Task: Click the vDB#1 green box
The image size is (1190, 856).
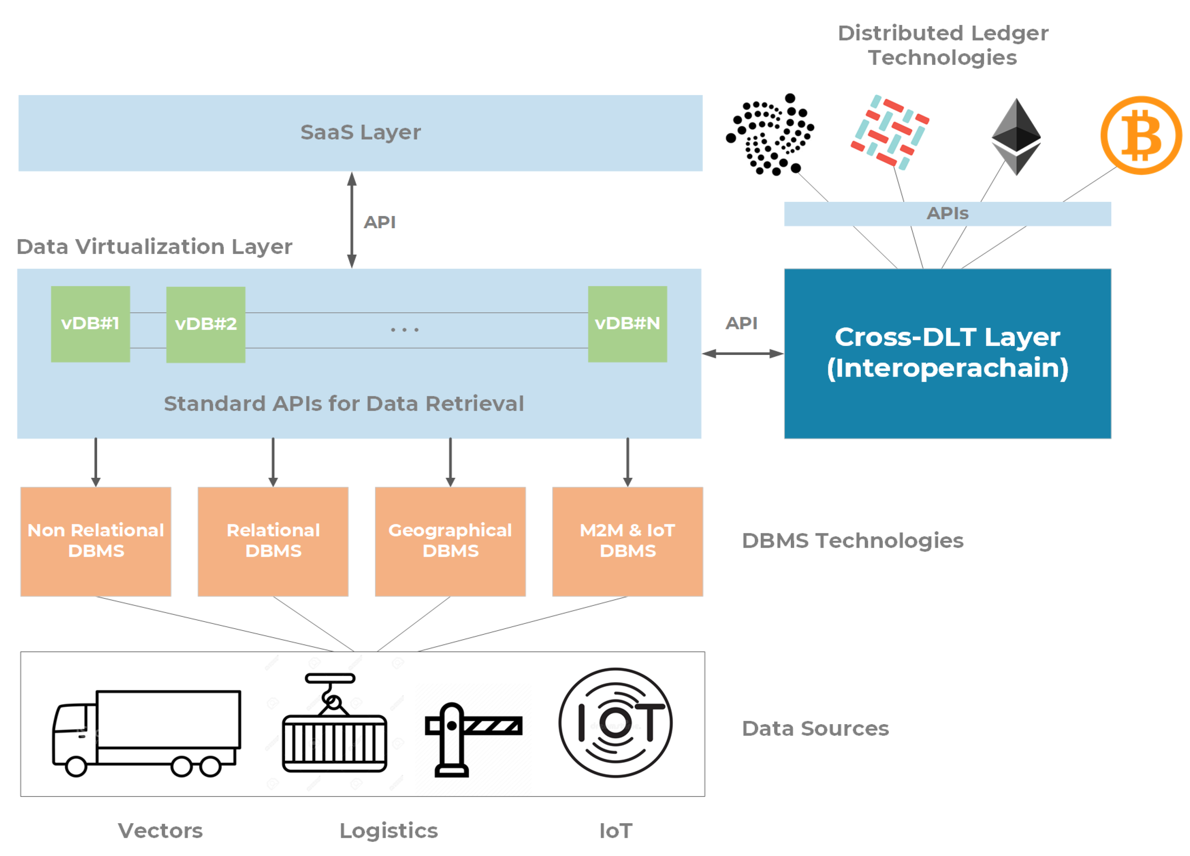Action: [90, 324]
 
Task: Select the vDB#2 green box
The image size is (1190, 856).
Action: [206, 324]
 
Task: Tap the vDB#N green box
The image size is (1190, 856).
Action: [627, 324]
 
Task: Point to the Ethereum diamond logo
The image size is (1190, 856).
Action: [1016, 137]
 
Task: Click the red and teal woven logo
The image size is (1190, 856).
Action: [890, 132]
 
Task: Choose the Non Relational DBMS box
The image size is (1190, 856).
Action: [96, 541]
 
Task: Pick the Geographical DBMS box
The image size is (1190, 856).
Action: [450, 541]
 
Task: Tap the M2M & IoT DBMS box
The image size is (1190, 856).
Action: [627, 541]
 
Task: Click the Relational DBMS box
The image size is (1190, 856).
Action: [273, 541]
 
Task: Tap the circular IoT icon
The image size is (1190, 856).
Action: [616, 723]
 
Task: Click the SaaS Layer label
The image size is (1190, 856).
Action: [360, 132]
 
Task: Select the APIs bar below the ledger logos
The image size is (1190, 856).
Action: [947, 214]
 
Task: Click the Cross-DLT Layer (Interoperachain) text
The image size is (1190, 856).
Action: [947, 352]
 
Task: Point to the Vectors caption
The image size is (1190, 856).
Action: [160, 831]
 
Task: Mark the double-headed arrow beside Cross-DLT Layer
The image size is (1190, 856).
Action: [742, 354]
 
